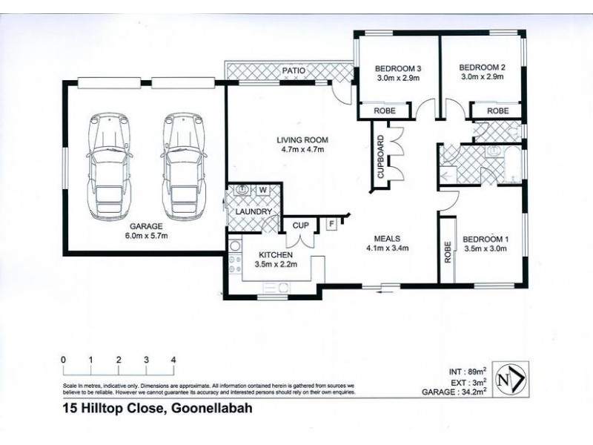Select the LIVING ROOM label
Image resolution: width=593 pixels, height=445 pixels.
(x=302, y=139)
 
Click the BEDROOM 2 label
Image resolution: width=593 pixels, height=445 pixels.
(x=483, y=66)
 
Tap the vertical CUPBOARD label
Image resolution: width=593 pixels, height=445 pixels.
(x=381, y=158)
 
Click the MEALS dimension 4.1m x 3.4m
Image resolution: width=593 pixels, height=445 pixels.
(x=388, y=248)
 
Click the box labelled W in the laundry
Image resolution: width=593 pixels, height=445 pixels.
(x=262, y=190)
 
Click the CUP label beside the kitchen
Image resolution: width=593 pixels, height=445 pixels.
(x=301, y=225)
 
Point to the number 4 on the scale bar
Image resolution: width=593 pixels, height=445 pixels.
(x=173, y=360)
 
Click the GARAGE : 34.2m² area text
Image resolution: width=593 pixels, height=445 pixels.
(x=460, y=394)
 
